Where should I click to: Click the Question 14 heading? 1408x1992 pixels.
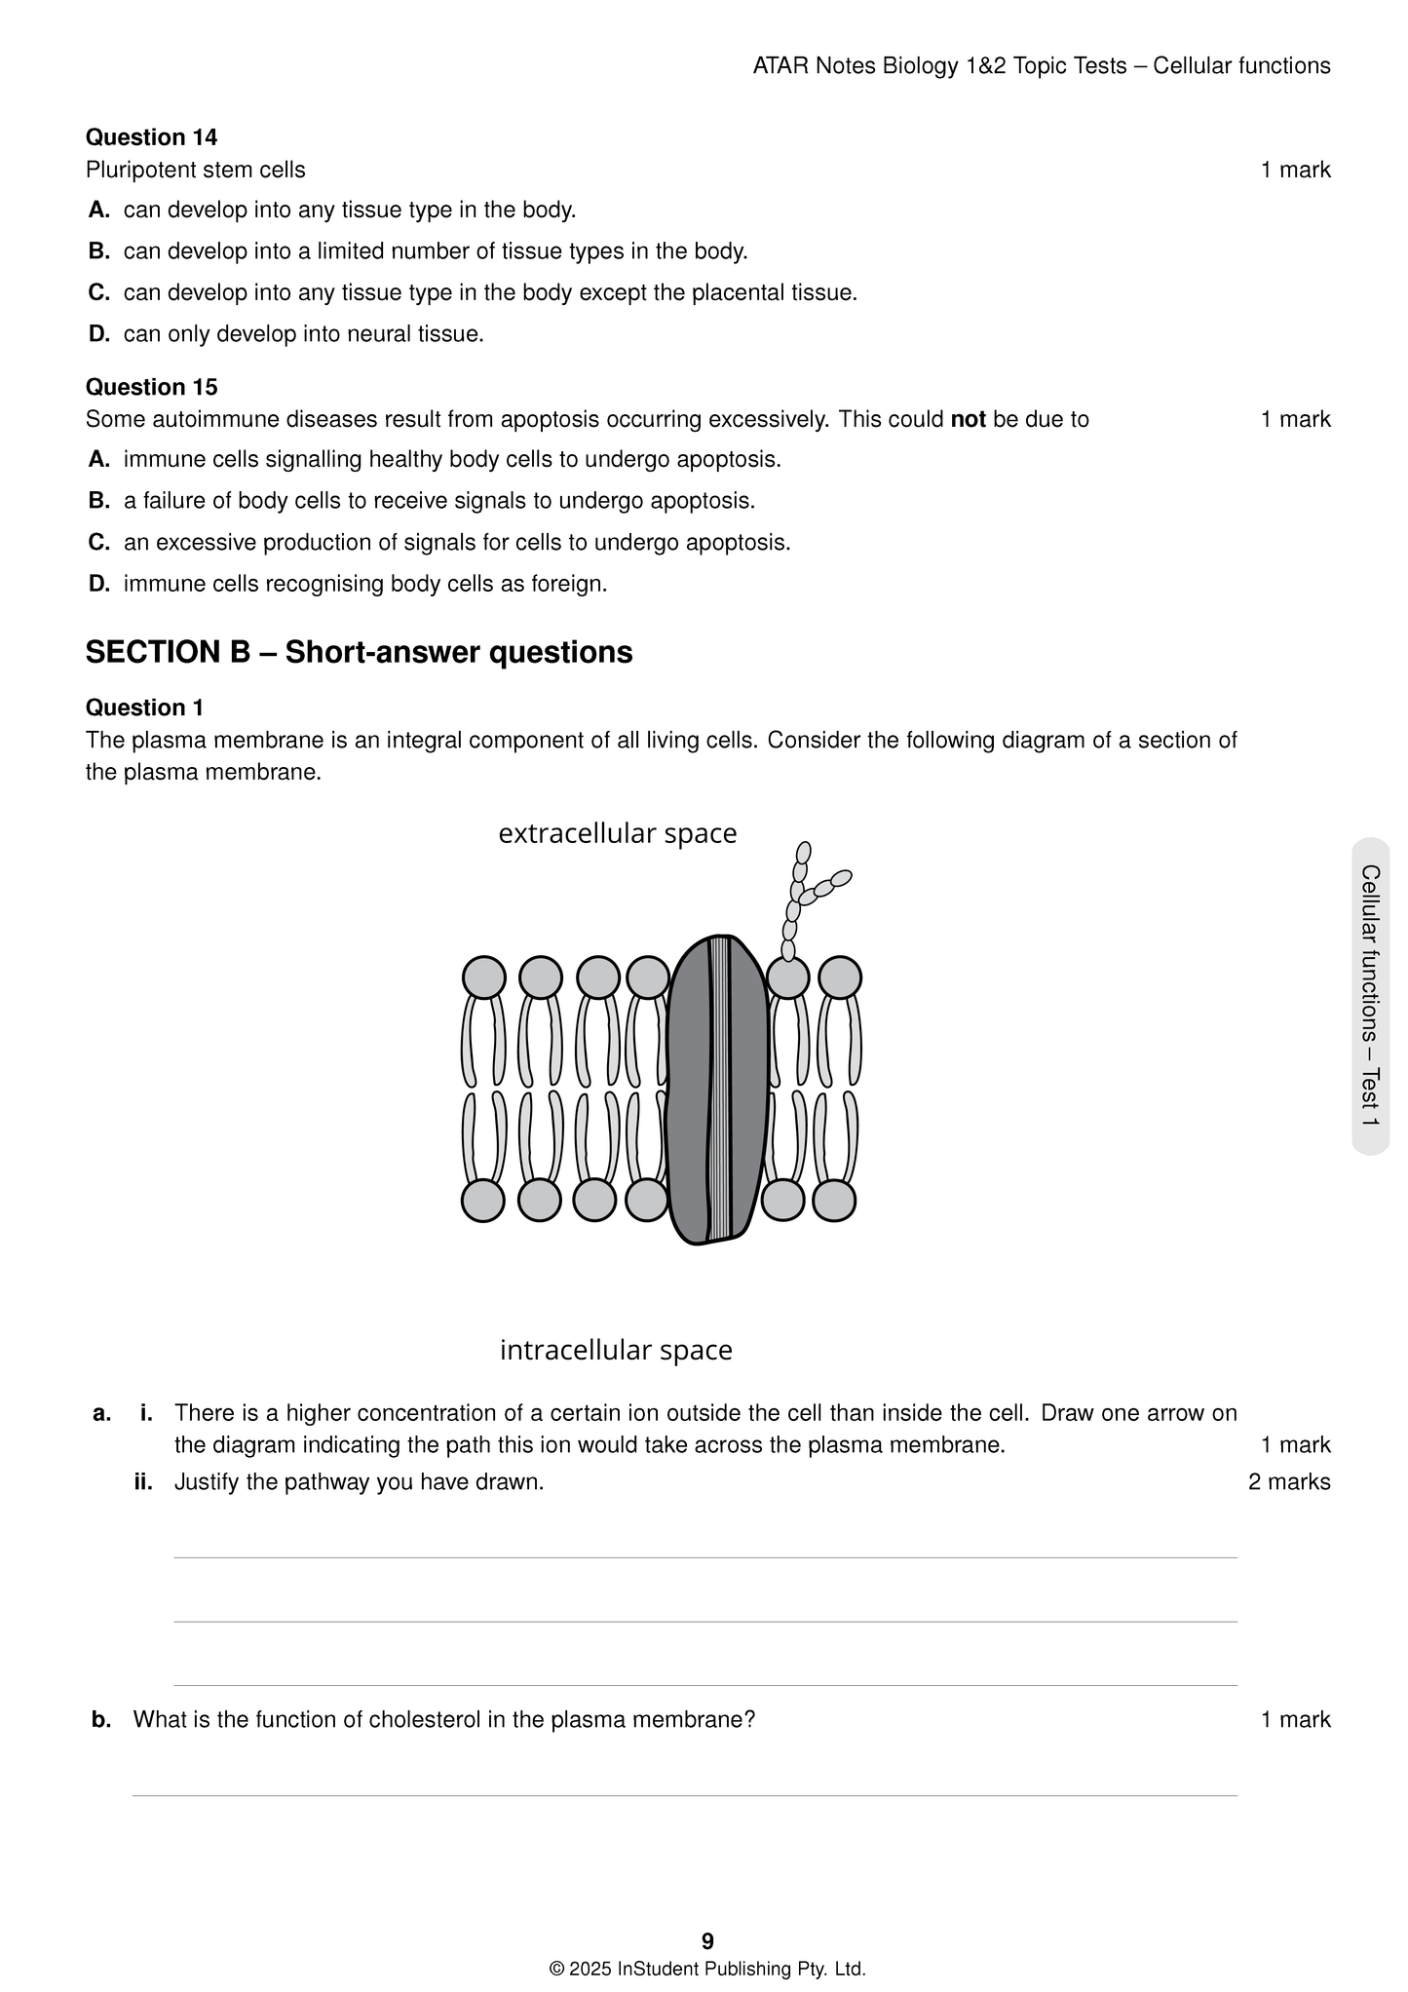pos(151,137)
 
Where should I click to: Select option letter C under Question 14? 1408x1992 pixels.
pos(98,292)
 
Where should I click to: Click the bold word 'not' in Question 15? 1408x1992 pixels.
pos(968,420)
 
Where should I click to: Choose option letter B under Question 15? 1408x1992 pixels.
pos(98,501)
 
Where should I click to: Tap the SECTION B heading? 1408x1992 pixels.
pos(359,652)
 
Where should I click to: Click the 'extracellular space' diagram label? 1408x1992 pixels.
pos(617,833)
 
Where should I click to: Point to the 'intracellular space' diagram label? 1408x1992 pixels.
pos(616,1350)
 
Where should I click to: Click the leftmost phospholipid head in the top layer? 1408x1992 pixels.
pos(483,977)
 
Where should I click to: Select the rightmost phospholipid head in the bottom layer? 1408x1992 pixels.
pos(834,1200)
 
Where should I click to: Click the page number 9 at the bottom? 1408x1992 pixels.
pos(707,1940)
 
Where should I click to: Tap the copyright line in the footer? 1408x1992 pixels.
pos(707,1969)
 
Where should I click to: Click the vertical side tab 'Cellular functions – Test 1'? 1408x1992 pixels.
pos(1370,995)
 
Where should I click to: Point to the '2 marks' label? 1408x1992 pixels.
pos(1288,1482)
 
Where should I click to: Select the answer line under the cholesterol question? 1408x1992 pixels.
pos(684,1794)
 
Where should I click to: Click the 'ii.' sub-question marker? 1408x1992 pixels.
pos(143,1482)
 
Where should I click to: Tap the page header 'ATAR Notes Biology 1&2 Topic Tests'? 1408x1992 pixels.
pos(938,66)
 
